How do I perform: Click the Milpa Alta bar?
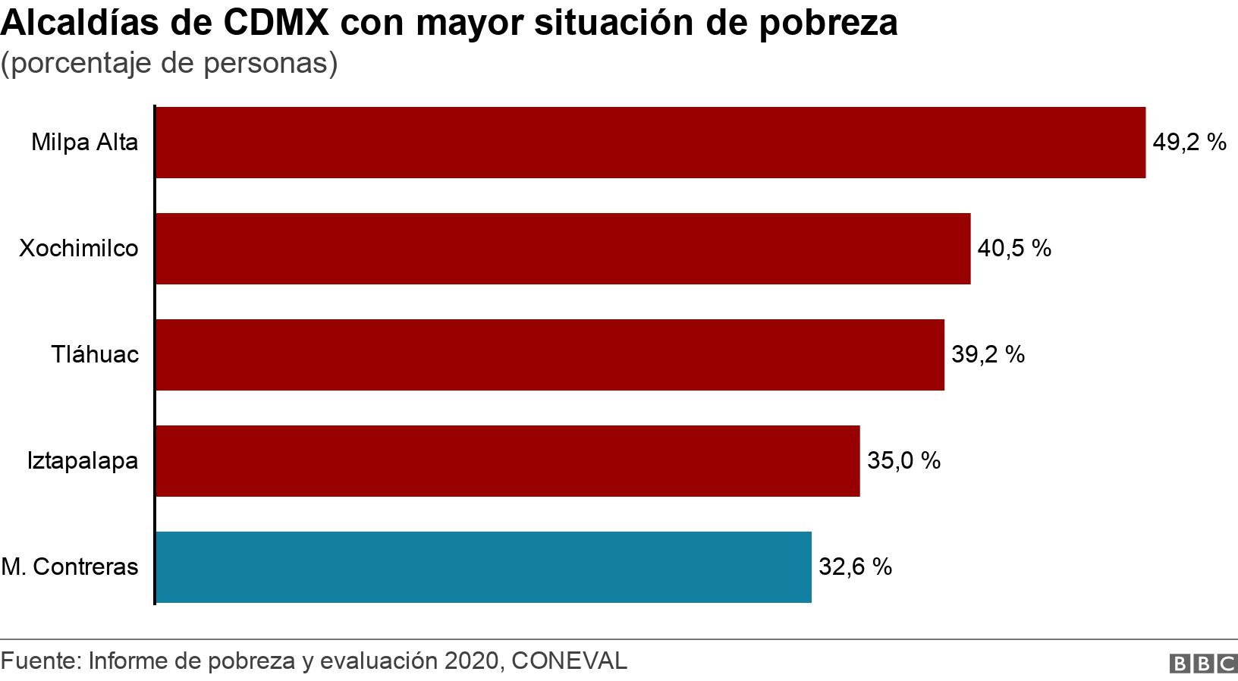[x=650, y=143]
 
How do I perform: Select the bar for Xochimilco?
[x=563, y=249]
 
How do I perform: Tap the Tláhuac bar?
[x=550, y=355]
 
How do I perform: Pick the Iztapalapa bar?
[x=507, y=461]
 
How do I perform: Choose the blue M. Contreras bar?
[x=483, y=567]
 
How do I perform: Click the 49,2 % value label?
[x=1189, y=143]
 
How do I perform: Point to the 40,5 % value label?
[x=1014, y=249]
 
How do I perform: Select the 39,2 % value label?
[x=988, y=355]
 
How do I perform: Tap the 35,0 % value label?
[x=903, y=461]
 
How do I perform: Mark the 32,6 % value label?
[x=855, y=567]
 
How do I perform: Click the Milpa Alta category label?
[x=85, y=143]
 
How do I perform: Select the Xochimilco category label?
[x=79, y=249]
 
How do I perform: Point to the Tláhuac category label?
[x=96, y=355]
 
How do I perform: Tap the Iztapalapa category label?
[x=83, y=461]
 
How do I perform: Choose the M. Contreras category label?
[x=71, y=567]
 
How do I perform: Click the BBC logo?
[x=1204, y=664]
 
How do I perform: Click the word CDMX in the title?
[x=275, y=24]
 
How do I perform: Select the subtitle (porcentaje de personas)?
[x=169, y=64]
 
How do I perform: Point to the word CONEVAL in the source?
[x=570, y=661]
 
